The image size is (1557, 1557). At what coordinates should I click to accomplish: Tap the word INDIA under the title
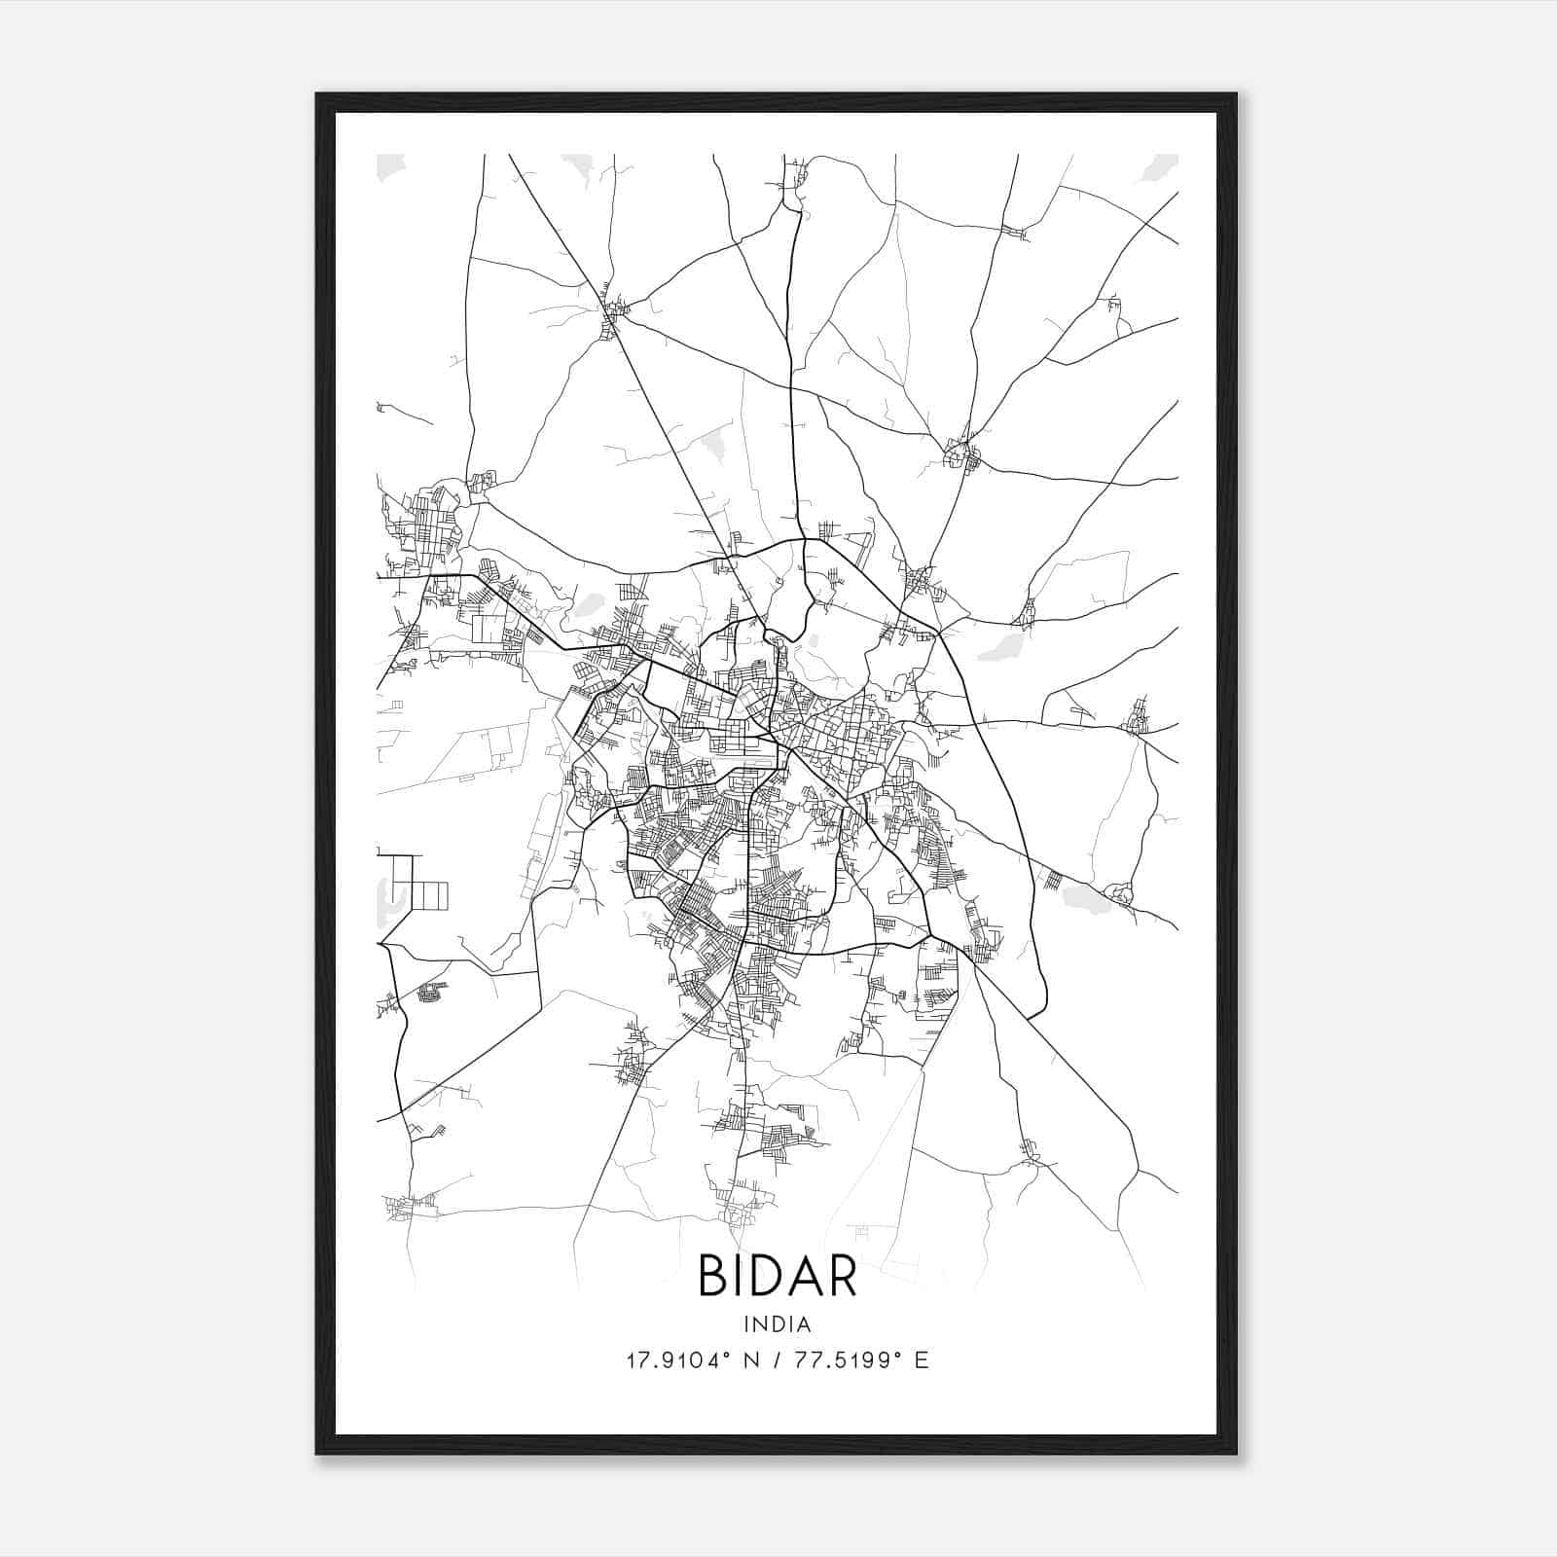(778, 1324)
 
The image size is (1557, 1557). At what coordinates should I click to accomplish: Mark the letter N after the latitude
(750, 1360)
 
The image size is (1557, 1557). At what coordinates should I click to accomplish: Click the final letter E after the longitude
(922, 1360)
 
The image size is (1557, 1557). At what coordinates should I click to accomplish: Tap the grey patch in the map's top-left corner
(389, 166)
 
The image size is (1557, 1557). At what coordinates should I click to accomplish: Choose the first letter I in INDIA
(746, 1324)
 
